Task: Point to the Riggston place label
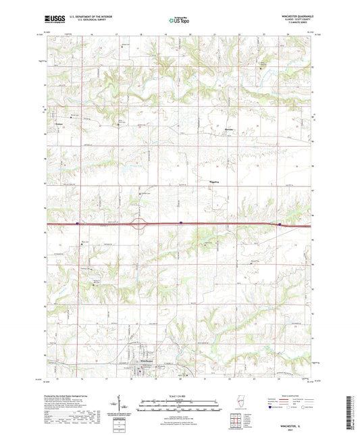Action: click(214, 181)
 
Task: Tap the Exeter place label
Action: click(58, 123)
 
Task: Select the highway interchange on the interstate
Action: click(140, 224)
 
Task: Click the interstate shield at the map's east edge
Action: click(280, 224)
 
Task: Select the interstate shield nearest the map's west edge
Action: click(78, 222)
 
